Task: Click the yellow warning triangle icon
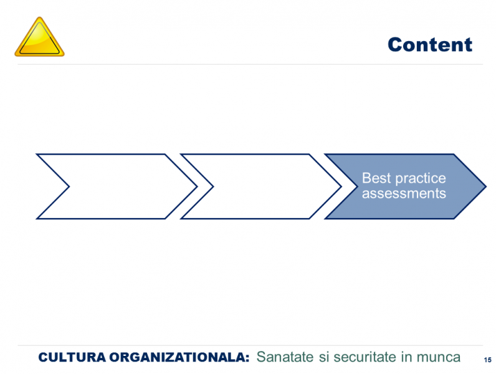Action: point(39,38)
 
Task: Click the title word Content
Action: point(430,44)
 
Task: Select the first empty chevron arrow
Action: point(117,186)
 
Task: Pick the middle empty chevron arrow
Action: point(260,186)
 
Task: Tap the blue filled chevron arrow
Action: point(405,186)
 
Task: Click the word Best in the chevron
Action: point(376,178)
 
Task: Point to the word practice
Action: point(421,179)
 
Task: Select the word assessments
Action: point(404,193)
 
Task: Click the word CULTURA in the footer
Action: point(72,357)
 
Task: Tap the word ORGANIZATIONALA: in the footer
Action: point(179,357)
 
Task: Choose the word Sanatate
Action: point(285,357)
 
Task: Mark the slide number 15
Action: point(487,360)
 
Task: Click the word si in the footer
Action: point(324,357)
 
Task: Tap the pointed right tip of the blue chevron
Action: point(486,186)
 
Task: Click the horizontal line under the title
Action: point(250,64)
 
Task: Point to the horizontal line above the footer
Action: point(250,345)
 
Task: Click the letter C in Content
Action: point(395,45)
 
